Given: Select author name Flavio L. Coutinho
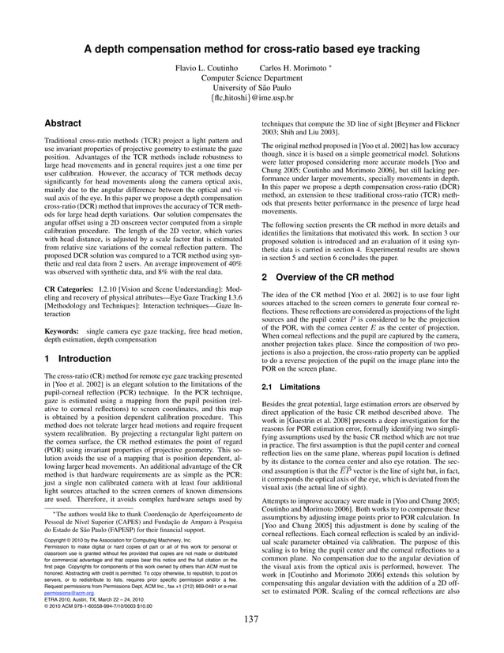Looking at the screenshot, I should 208,69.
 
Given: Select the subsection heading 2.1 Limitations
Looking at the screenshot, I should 294,387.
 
